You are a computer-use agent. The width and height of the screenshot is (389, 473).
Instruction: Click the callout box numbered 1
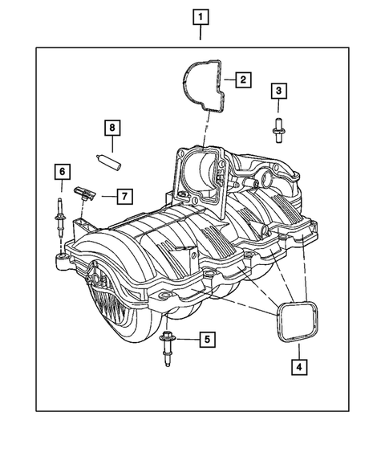point(201,15)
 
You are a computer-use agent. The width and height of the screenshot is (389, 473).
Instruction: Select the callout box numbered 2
point(242,80)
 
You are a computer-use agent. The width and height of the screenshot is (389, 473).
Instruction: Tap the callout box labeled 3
point(278,91)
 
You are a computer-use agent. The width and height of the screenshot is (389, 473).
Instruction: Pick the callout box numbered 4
point(299,368)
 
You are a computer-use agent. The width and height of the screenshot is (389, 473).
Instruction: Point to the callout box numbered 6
point(61,171)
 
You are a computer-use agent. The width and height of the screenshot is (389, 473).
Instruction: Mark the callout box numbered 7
point(124,195)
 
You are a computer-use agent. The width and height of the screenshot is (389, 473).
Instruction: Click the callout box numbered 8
point(113,128)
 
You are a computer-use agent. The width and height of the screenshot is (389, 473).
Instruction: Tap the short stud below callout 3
point(278,129)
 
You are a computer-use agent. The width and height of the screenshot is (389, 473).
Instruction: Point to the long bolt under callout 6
point(61,217)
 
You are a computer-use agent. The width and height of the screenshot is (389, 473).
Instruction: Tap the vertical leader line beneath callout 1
point(201,34)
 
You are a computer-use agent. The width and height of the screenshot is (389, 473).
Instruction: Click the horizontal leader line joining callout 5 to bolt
point(186,340)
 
